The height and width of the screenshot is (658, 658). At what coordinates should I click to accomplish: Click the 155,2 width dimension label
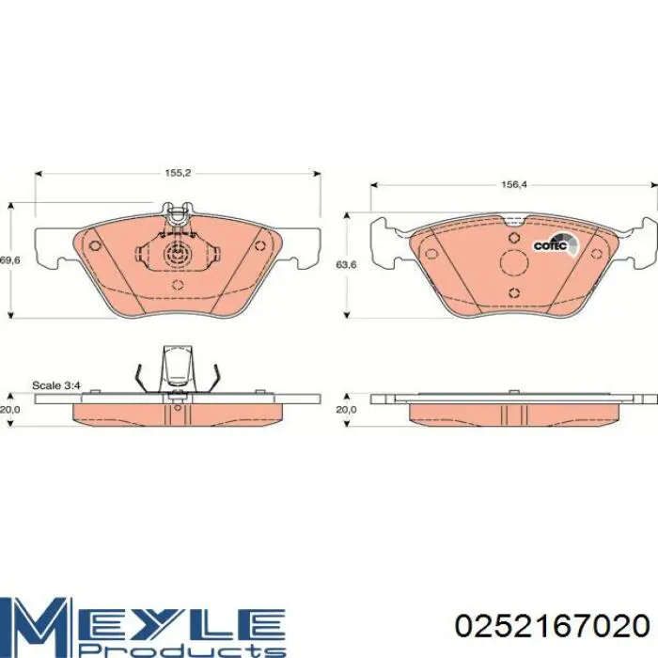click(x=178, y=173)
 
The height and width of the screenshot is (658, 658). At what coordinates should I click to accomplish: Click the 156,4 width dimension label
click(x=513, y=184)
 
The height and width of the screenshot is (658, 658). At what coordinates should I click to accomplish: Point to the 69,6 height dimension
click(x=9, y=260)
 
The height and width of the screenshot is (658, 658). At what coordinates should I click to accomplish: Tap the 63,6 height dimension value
click(x=346, y=265)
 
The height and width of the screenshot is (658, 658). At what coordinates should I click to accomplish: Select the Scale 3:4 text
click(x=56, y=385)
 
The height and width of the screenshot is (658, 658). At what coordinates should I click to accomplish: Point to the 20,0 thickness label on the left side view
click(x=9, y=410)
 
